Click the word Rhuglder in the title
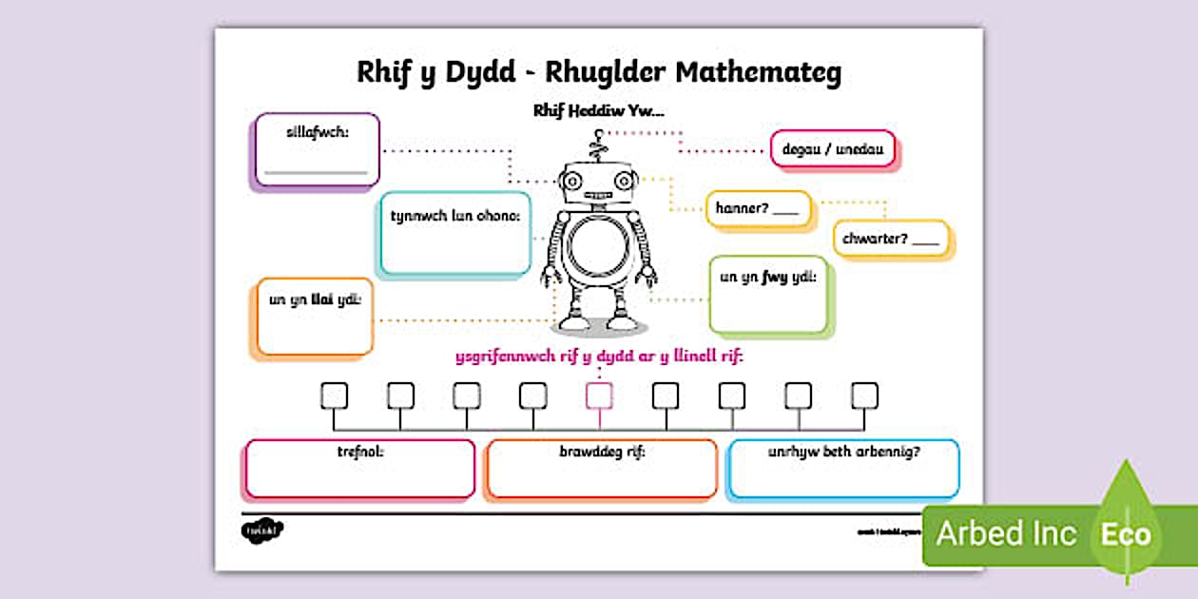(592, 74)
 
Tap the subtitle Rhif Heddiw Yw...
(598, 111)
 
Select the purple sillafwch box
(318, 149)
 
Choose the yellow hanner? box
(758, 208)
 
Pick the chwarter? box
(891, 239)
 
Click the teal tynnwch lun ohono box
(454, 233)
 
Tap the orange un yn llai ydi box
(315, 318)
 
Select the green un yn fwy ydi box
(768, 295)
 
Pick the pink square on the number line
(599, 395)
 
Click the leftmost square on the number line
(334, 395)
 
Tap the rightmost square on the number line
(864, 395)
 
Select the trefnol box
(360, 468)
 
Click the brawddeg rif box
(601, 468)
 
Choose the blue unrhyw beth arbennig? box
(843, 468)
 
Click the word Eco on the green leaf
(1126, 533)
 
